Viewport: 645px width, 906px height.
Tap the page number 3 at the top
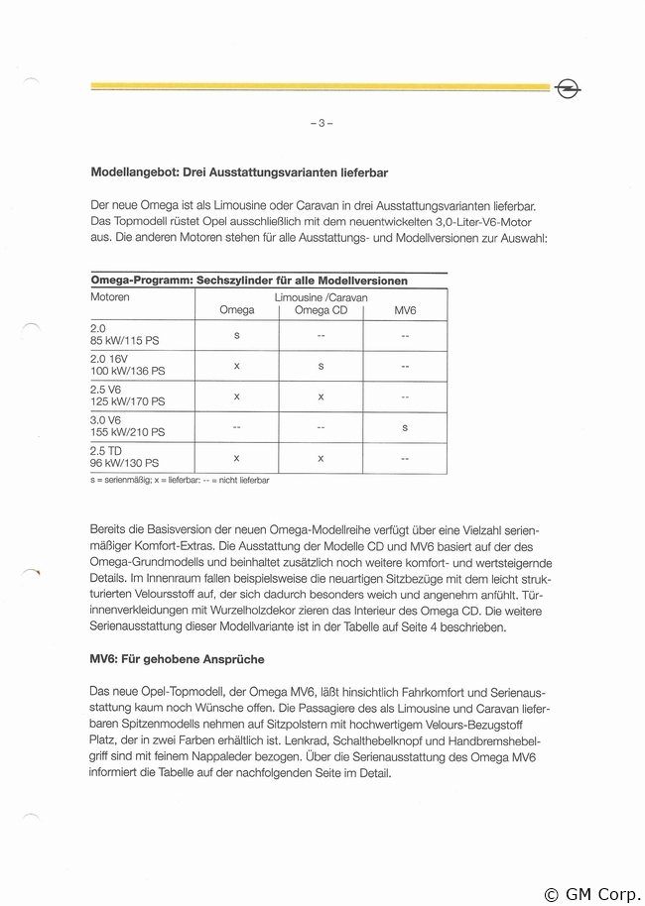(322, 123)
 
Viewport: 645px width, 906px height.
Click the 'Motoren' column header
(110, 296)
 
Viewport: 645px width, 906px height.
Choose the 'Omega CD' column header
(321, 310)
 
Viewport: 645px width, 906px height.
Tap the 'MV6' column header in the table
(405, 310)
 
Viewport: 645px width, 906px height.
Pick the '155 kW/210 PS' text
(128, 432)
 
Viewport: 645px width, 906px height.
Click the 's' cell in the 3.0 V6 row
(405, 427)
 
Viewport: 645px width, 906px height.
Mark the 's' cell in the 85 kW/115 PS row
(236, 334)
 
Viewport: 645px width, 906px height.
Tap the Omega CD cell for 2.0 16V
(321, 365)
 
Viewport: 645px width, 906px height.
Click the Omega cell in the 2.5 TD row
(236, 458)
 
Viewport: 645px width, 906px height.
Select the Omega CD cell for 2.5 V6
(321, 396)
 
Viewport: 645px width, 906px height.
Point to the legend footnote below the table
(180, 480)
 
